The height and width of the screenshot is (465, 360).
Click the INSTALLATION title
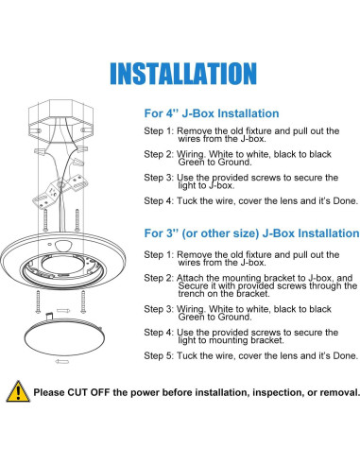click(180, 73)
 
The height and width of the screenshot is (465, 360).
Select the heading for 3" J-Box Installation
click(250, 232)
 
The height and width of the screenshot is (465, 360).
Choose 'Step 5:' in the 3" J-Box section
click(158, 356)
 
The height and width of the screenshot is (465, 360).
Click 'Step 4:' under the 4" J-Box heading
click(158, 199)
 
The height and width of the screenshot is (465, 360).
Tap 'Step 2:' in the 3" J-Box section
click(158, 277)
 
